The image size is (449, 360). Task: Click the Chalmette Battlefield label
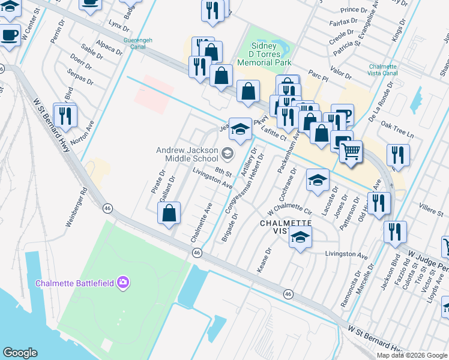[75, 283]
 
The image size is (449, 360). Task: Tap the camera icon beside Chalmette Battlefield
[123, 282]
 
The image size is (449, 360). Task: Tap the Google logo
[20, 353]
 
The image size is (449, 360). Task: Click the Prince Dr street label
[353, 10]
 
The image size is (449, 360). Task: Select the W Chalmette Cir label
[291, 212]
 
